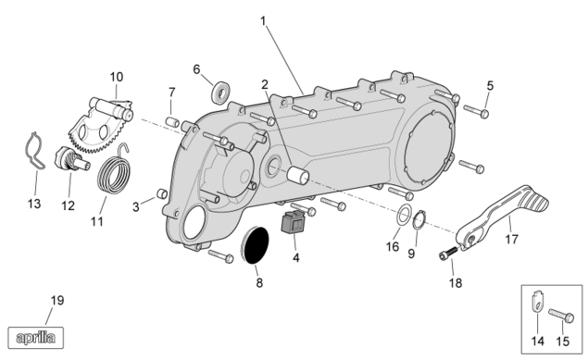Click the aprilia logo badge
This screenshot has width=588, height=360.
35,338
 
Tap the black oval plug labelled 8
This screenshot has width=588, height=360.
255,244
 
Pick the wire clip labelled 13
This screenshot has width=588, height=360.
35,151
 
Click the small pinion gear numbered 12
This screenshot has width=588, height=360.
71,159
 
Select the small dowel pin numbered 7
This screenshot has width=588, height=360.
172,121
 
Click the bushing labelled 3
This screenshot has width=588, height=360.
162,194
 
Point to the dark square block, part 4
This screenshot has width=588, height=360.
294,222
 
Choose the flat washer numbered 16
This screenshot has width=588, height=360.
404,216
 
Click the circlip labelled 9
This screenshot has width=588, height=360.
419,220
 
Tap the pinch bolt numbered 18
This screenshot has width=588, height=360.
448,254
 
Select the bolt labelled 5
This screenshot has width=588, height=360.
476,111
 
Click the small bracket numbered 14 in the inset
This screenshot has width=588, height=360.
537,303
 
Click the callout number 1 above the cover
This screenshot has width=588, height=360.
263,21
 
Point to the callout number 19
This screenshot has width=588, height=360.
57,301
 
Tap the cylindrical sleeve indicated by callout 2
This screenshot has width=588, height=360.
298,175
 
